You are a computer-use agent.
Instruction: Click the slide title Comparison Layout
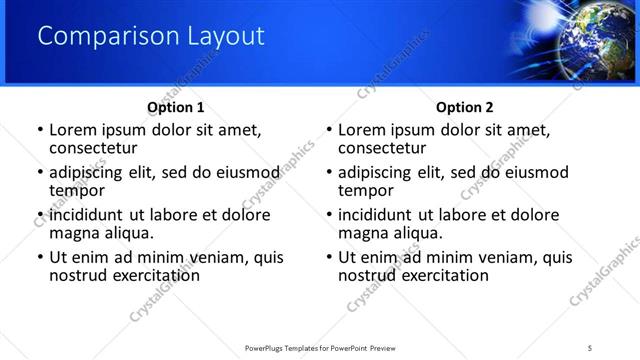[151, 37]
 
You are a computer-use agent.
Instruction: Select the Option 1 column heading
[176, 107]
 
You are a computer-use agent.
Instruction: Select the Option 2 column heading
[465, 107]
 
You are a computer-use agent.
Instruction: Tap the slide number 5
[590, 347]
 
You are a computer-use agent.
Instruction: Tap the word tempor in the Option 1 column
[77, 191]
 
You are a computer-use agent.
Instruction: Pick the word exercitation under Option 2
[439, 275]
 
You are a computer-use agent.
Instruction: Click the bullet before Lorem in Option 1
[40, 130]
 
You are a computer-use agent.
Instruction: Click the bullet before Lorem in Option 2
[329, 130]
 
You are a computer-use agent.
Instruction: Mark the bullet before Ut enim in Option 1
[40, 257]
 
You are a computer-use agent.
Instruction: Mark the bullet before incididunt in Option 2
[329, 215]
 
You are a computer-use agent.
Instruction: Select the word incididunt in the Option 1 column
[88, 215]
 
